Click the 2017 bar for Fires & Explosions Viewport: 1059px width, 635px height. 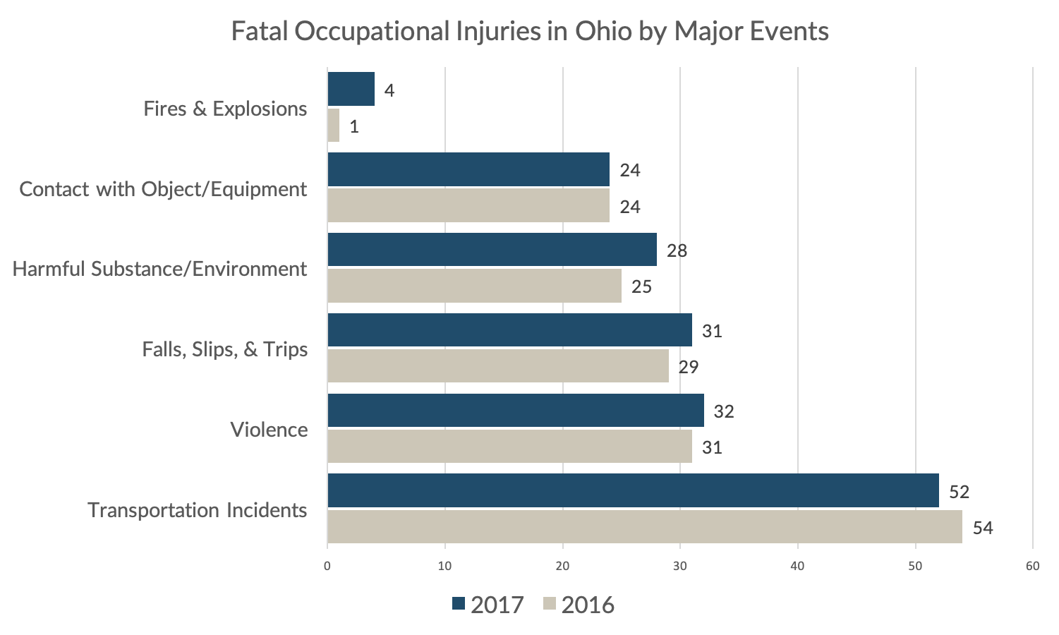point(351,90)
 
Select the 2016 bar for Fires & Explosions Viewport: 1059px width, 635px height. point(334,126)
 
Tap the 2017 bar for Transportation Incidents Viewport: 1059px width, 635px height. point(633,491)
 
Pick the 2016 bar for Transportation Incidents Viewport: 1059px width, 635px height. point(645,527)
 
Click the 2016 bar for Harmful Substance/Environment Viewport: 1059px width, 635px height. point(474,286)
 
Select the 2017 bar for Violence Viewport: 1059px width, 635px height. point(516,411)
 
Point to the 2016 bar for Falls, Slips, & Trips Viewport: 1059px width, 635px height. point(498,366)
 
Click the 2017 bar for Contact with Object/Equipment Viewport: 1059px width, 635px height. point(468,170)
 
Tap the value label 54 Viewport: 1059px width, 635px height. point(983,528)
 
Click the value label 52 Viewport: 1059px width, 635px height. point(960,492)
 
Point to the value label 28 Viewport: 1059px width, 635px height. point(677,250)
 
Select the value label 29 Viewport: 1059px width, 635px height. point(689,367)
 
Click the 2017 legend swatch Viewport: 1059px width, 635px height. point(459,604)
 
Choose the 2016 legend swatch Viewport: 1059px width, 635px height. point(550,604)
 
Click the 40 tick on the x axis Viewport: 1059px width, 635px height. point(797,566)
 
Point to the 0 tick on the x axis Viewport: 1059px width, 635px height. point(327,566)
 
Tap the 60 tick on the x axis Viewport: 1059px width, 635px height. point(1032,566)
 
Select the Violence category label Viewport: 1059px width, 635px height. point(269,430)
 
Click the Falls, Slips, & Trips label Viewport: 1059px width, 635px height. point(225,349)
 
